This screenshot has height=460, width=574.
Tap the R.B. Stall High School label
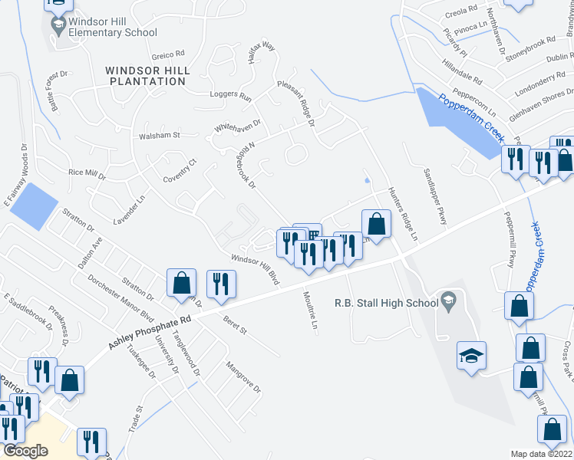(385, 303)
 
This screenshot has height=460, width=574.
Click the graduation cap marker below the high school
(471, 356)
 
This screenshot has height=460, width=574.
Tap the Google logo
(25, 451)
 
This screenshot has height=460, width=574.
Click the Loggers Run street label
(230, 97)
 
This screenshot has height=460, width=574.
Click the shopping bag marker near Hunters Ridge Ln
(376, 224)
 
